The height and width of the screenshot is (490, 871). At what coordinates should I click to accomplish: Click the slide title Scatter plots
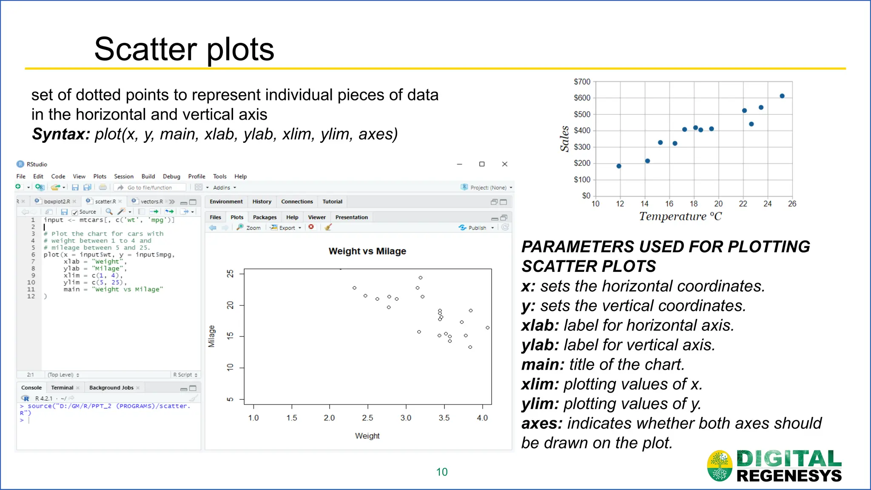pos(184,49)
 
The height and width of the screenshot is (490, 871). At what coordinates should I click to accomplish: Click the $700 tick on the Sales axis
pos(582,82)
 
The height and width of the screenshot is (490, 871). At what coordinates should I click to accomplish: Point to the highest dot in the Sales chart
pos(782,96)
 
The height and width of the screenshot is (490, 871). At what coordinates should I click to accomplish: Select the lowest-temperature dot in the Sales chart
pos(619,166)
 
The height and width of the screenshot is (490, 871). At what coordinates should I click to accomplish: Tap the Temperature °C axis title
pos(680,217)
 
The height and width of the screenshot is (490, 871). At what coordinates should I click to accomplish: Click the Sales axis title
pos(564,139)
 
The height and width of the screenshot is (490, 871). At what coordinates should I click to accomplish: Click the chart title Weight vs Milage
pos(367,251)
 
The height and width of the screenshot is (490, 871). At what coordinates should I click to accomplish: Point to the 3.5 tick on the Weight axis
pos(444,418)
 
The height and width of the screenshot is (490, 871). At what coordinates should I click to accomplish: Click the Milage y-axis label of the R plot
pos(211,336)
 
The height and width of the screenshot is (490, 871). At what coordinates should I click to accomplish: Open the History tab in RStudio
pos(262,202)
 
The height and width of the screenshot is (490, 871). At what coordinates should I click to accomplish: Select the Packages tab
pos(265,217)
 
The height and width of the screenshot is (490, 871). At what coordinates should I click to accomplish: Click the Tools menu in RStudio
pos(219,177)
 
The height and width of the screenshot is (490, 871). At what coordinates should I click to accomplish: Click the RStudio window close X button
pos(505,164)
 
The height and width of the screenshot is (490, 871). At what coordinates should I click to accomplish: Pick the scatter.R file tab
pos(105,202)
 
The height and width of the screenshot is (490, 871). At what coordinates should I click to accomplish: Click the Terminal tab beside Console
pos(62,388)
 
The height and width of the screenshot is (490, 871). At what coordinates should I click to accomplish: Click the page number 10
pos(442,472)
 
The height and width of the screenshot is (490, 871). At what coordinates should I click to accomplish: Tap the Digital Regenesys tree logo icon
pos(720,466)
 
